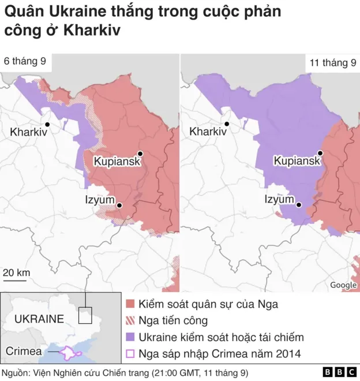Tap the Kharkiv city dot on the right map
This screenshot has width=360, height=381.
click(x=227, y=124)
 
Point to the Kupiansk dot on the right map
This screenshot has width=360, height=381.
click(x=320, y=153)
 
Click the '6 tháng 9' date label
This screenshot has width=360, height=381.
click(x=25, y=61)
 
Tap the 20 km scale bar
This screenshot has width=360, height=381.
click(x=14, y=280)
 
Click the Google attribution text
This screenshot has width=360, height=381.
click(x=343, y=285)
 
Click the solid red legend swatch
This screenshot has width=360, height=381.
click(x=130, y=304)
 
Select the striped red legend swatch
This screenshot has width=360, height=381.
click(x=130, y=320)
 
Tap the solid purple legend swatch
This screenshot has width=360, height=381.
click(x=130, y=337)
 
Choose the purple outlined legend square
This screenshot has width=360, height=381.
click(x=130, y=354)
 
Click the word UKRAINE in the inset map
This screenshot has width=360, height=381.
click(x=39, y=319)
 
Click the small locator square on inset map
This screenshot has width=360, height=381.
click(x=85, y=315)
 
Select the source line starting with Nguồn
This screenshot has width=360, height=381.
click(x=125, y=372)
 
